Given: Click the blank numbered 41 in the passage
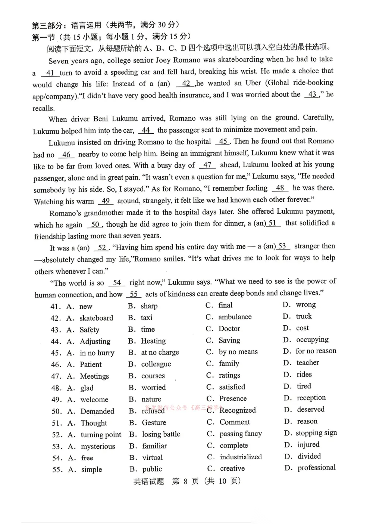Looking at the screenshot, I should coord(50,73).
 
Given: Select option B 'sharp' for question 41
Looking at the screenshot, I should coord(149,306).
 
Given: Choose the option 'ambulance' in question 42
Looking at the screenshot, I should coord(235,317).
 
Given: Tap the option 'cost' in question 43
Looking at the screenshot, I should coord(302,328).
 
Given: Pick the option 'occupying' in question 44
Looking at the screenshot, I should coord(312,339).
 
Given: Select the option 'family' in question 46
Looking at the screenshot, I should coord(229,363).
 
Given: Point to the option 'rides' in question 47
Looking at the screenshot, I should coord(304,374).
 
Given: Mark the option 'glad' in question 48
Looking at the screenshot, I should coord(87,388).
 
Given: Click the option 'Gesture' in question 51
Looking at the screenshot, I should coord(154,422).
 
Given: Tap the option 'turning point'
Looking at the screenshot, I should coord(101,435).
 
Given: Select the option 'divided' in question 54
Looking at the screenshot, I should coord(309,456).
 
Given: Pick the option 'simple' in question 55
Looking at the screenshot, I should coord(91,469).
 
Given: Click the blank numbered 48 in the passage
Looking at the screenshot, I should coord(280,188).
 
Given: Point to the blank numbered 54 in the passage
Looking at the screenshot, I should coord(117,283).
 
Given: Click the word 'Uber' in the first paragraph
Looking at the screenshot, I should coord(253,83).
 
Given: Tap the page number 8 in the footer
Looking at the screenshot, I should coord(185,481).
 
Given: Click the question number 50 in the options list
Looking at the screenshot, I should coord(57,411).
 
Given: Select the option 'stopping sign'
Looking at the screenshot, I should coord(316,433).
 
